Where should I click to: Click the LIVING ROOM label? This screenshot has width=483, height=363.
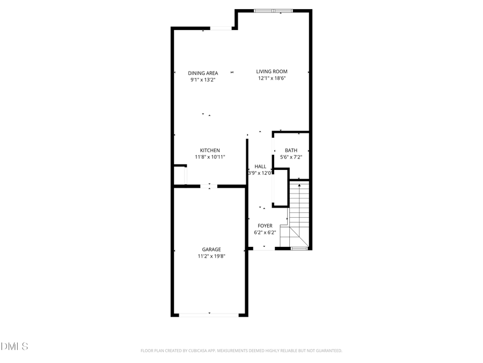[272, 72]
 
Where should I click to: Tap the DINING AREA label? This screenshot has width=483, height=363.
[203, 73]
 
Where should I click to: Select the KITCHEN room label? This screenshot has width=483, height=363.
[210, 150]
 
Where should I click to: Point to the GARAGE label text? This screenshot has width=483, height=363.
[211, 250]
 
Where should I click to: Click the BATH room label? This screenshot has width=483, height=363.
[291, 151]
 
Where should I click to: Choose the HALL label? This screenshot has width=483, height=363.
[260, 167]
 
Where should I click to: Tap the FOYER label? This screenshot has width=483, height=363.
[265, 226]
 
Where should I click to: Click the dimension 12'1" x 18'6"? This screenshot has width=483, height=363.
[272, 79]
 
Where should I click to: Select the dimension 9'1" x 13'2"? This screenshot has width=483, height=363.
[203, 80]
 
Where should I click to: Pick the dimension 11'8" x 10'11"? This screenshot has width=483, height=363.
[210, 157]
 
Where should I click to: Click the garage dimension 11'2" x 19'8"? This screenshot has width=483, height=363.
[211, 257]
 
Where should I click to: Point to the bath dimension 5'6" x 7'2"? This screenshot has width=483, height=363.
[295, 157]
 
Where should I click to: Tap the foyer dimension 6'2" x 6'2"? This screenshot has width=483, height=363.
[265, 233]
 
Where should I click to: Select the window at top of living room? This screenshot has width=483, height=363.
[273, 10]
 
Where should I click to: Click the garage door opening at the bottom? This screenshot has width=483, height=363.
[209, 315]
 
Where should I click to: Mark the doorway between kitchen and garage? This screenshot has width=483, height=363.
[209, 186]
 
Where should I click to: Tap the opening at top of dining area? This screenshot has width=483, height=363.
[220, 29]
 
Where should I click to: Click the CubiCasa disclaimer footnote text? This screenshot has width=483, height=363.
[241, 351]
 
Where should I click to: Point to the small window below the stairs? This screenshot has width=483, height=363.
[299, 248]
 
